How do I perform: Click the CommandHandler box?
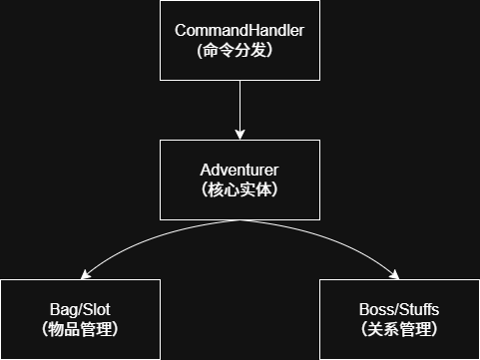pos(240,40)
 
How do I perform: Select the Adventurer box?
pos(240,180)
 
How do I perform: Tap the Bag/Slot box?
pos(80,319)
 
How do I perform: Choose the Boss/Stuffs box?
pos(399,319)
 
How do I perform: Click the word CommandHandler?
pos(240,30)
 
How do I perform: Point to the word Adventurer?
pos(240,170)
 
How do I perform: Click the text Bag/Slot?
pos(81,310)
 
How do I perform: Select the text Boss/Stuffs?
pos(399,310)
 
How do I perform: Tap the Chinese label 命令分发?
pos(240,50)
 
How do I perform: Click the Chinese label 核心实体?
pos(240,189)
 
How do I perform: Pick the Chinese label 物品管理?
pos(81,328)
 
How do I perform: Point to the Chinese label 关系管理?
pos(400,328)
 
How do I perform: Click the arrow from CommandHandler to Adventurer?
pos(240,105)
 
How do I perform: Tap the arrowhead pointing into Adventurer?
pos(240,134)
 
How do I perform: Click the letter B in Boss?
pos(364,310)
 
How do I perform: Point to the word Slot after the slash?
pos(95,310)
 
